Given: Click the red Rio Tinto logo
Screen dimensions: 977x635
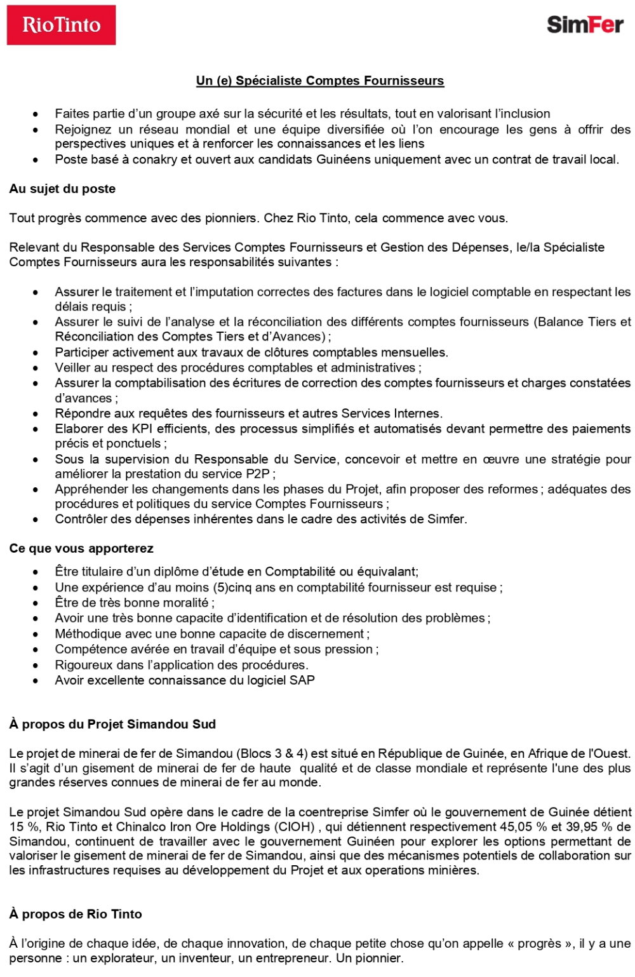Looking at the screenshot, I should (61, 25).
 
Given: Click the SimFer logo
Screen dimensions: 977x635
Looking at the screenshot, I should (584, 25).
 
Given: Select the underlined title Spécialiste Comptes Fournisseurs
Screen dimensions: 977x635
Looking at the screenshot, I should (320, 81).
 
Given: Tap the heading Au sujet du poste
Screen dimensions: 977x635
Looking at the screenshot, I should (62, 189).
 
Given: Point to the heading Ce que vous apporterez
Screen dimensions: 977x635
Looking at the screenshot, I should (81, 548).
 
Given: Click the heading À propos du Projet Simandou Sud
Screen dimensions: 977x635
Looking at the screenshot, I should (112, 724).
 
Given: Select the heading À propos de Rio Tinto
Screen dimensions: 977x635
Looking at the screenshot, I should (76, 914).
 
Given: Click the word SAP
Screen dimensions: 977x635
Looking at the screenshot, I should (302, 680).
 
